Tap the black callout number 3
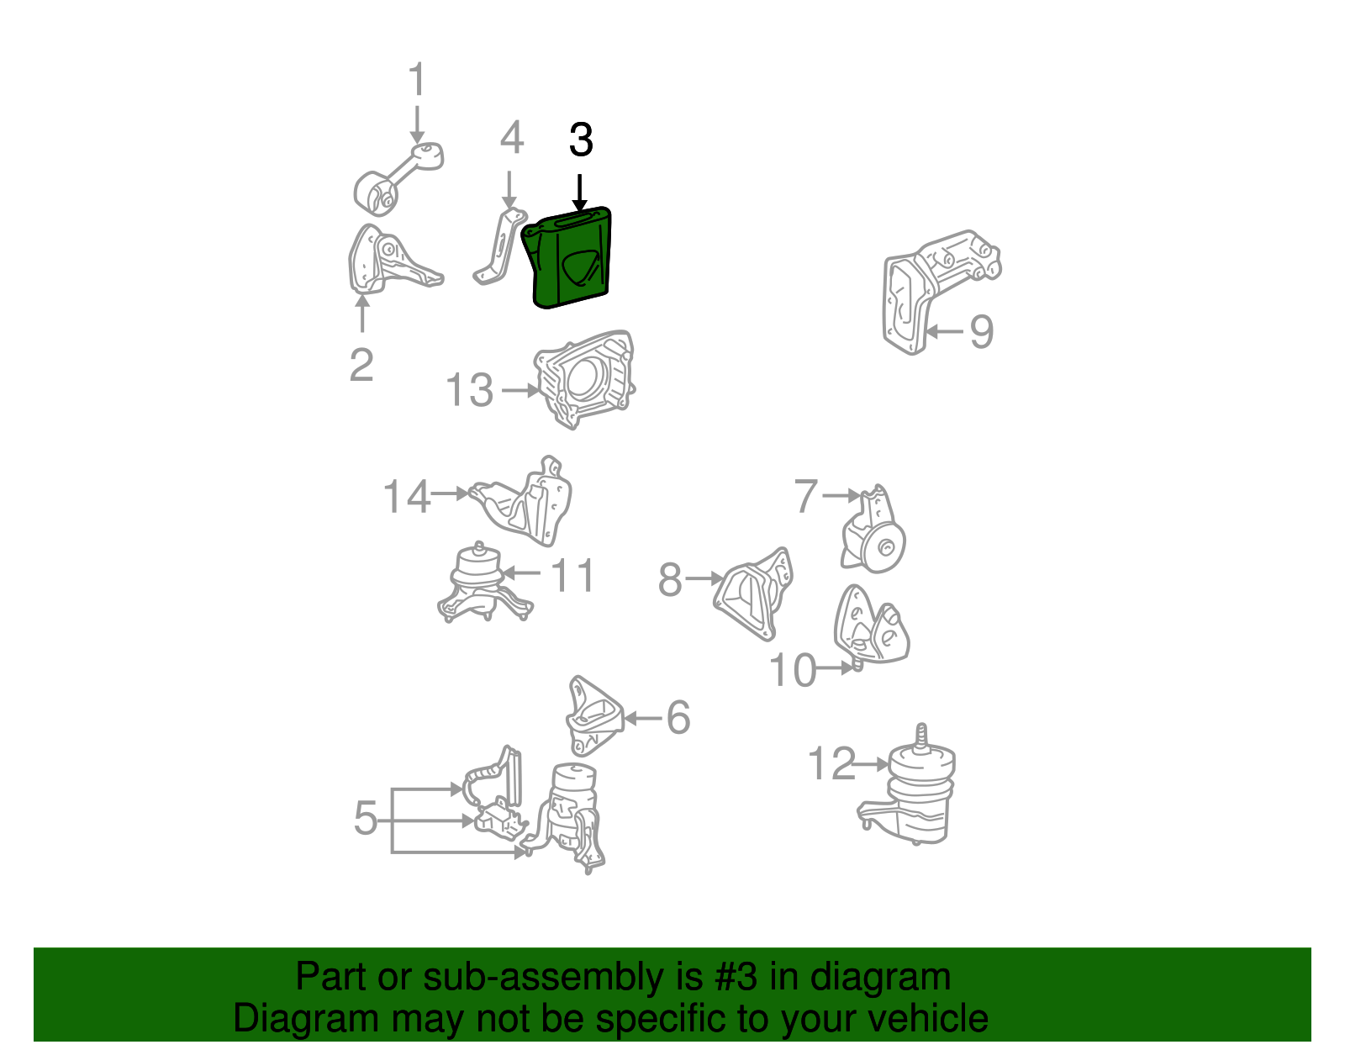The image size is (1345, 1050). coord(581,140)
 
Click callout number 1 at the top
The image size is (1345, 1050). coord(417,81)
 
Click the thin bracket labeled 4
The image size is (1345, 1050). coord(499,249)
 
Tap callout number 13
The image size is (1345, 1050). coord(469,391)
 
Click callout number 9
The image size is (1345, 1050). coord(981,331)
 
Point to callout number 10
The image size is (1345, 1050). coord(792,670)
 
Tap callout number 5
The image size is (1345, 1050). coord(366,818)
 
